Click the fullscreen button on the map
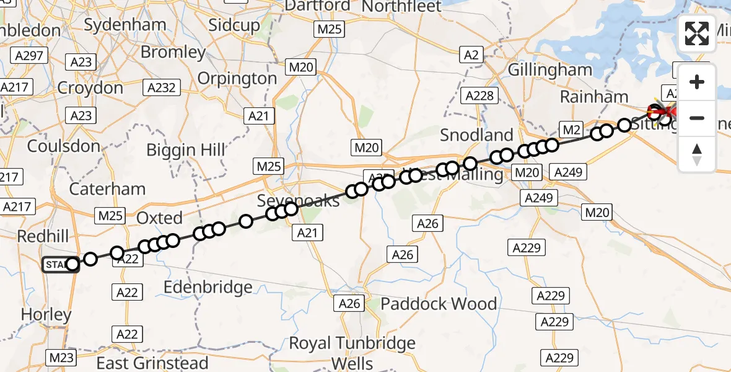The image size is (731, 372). click(x=697, y=33)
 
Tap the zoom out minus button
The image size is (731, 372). click(x=697, y=118)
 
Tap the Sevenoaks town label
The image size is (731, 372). click(x=299, y=201)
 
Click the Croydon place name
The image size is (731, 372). click(x=90, y=88)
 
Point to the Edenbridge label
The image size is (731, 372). click(x=208, y=287)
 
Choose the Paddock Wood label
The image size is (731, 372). click(x=439, y=304)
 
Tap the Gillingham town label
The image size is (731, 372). click(x=550, y=70)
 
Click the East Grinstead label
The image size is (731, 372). click(x=152, y=363)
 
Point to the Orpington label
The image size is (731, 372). click(x=237, y=79)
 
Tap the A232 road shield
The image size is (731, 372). click(x=162, y=88)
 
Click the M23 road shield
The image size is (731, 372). click(x=61, y=358)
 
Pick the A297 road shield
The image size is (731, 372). click(x=30, y=56)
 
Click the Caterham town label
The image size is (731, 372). click(x=108, y=188)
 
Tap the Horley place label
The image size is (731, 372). click(x=46, y=314)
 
